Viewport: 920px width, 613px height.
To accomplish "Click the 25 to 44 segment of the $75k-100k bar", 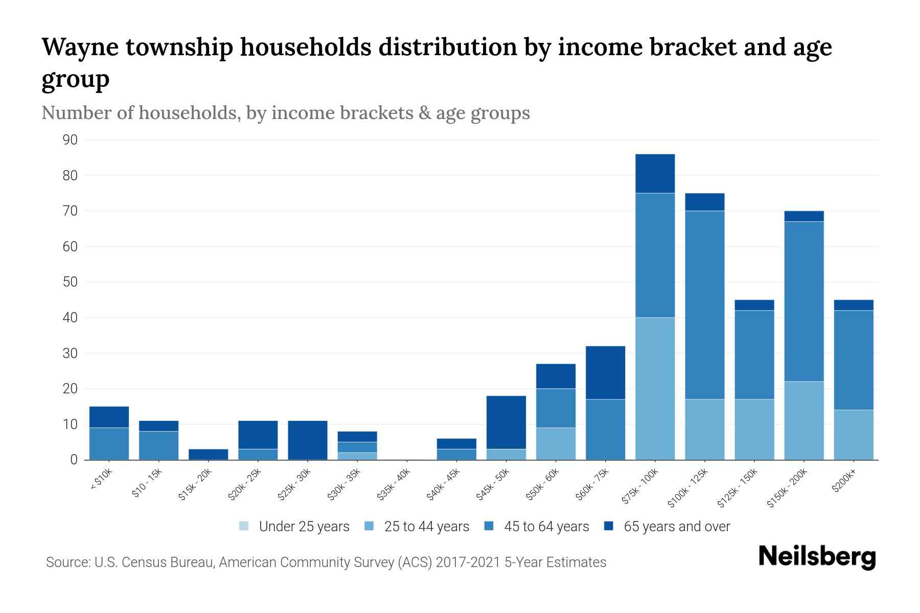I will (x=655, y=388).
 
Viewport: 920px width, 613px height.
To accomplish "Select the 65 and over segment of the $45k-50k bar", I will (x=506, y=422).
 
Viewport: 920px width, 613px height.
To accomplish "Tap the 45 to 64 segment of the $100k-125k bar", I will (x=704, y=304).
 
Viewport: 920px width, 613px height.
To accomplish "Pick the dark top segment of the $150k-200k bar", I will (x=804, y=216).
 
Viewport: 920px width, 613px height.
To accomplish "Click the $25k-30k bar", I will (x=308, y=440).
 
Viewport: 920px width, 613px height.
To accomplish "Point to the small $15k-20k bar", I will (x=208, y=454).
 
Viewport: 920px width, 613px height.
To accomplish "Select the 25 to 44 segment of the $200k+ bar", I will (x=854, y=435).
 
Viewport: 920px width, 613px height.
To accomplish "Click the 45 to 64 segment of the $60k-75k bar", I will (x=605, y=429).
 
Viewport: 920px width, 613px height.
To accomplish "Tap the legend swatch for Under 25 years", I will (x=244, y=526).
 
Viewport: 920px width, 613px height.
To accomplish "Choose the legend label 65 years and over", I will (x=677, y=527).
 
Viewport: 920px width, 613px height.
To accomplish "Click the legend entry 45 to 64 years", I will (x=546, y=527).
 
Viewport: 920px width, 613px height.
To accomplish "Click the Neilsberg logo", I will (x=817, y=556).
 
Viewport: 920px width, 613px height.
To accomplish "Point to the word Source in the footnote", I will (x=67, y=562).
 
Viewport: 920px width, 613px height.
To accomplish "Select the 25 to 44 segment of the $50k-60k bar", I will (x=556, y=443).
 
